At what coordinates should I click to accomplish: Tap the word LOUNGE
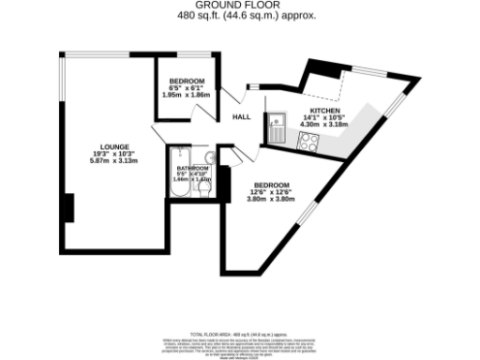pos(113,146)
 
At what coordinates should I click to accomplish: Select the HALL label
pos(241,117)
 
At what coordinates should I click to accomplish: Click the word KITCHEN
pos(324,111)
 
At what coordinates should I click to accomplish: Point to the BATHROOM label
pos(193,168)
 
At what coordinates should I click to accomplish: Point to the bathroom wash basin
pos(210,157)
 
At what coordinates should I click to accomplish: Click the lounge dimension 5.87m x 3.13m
pos(113,161)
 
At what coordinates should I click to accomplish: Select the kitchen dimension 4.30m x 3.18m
pos(324,125)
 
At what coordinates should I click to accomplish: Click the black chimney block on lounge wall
pos(68,207)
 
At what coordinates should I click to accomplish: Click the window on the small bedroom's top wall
pos(183,55)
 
